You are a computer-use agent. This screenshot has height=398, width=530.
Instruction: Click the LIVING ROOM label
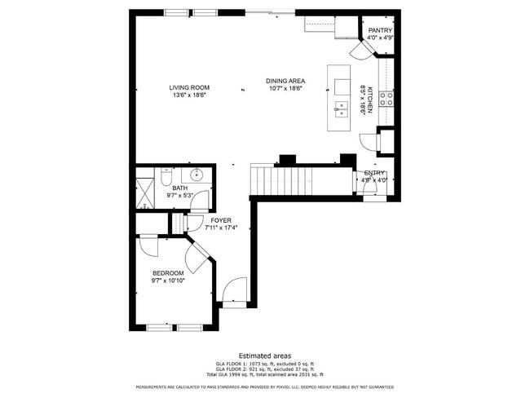coord(189,87)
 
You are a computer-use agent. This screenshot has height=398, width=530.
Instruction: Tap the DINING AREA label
coord(285,81)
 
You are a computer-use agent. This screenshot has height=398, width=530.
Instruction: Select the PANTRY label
coord(381,30)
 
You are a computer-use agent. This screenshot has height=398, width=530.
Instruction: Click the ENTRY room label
coord(374,173)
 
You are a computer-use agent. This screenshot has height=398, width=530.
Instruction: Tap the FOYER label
coord(221,220)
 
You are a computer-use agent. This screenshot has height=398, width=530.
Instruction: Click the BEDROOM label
coord(168,273)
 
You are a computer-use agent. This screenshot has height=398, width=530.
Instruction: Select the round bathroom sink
coord(197,174)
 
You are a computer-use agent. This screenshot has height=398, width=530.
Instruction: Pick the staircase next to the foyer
coord(285,180)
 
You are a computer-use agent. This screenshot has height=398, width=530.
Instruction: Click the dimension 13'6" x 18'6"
coord(189,95)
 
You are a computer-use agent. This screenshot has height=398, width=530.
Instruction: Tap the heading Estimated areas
coord(265,356)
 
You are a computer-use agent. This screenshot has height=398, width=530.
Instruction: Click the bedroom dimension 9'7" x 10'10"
coord(168,281)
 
